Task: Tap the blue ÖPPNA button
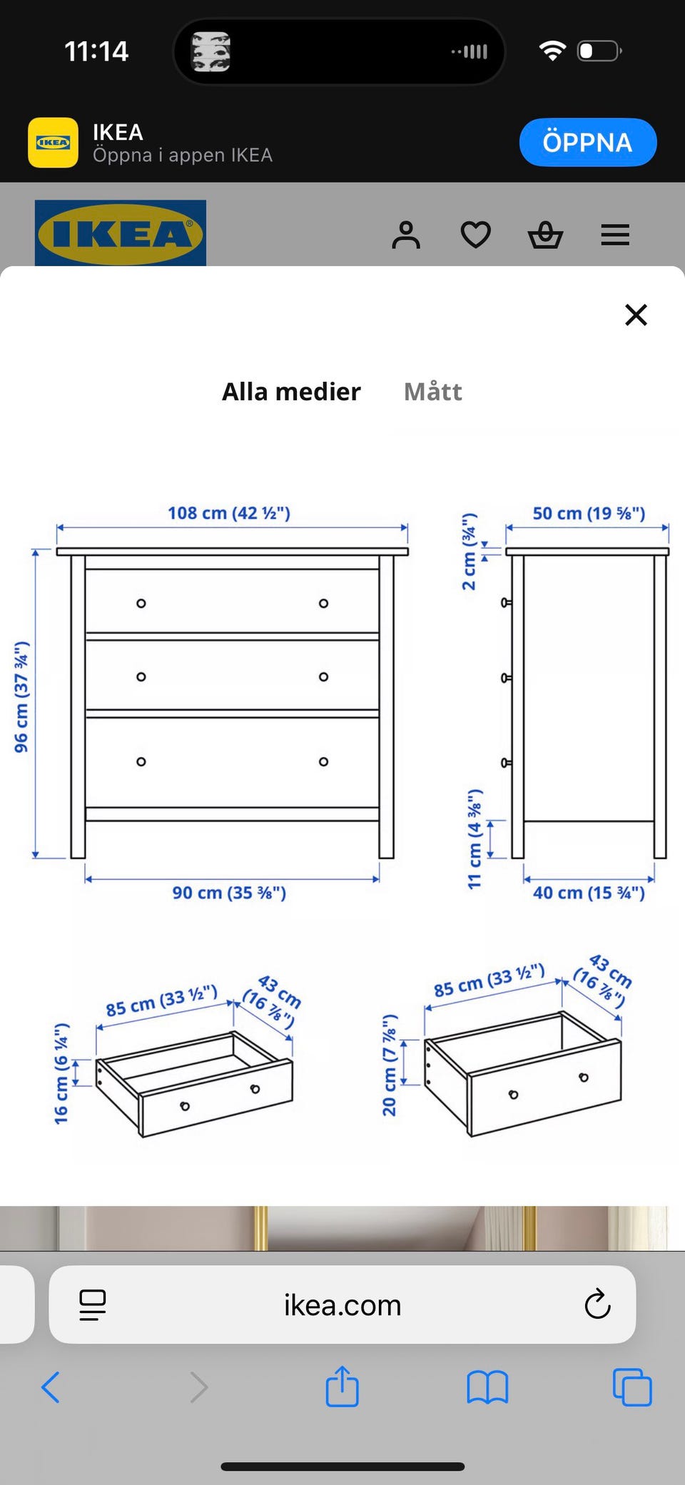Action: point(588,142)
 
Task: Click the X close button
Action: point(636,315)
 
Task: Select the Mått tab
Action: point(433,392)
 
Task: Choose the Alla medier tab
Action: point(291,392)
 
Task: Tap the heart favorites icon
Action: point(476,235)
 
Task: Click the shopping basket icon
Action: point(546,235)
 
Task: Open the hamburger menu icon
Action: point(615,235)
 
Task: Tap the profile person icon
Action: point(406,235)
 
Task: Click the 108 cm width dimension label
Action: point(229,513)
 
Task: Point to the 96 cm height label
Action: point(22,697)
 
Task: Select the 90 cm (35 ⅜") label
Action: point(229,893)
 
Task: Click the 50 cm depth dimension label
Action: point(589,513)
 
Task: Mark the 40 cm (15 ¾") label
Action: point(589,893)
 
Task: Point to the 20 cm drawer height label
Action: point(390,1065)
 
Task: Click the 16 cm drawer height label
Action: point(62,1073)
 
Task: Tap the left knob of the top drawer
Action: point(141,604)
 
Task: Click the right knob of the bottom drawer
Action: point(324,762)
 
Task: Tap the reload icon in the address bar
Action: point(597,1304)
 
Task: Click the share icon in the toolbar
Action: point(342,1386)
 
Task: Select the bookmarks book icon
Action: point(487,1388)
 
